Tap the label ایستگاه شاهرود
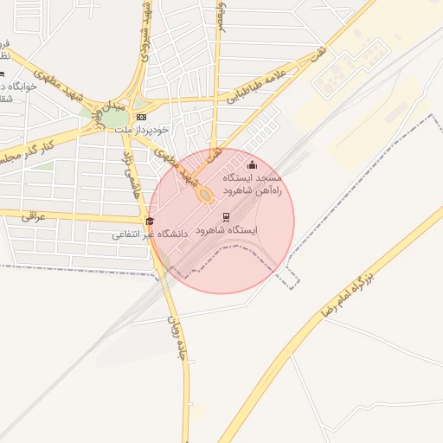(x=227, y=231)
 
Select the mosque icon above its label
(x=252, y=164)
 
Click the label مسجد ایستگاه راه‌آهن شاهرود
(x=254, y=183)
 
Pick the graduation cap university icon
(x=150, y=221)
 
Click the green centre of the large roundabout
(x=116, y=118)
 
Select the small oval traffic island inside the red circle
(x=205, y=196)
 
